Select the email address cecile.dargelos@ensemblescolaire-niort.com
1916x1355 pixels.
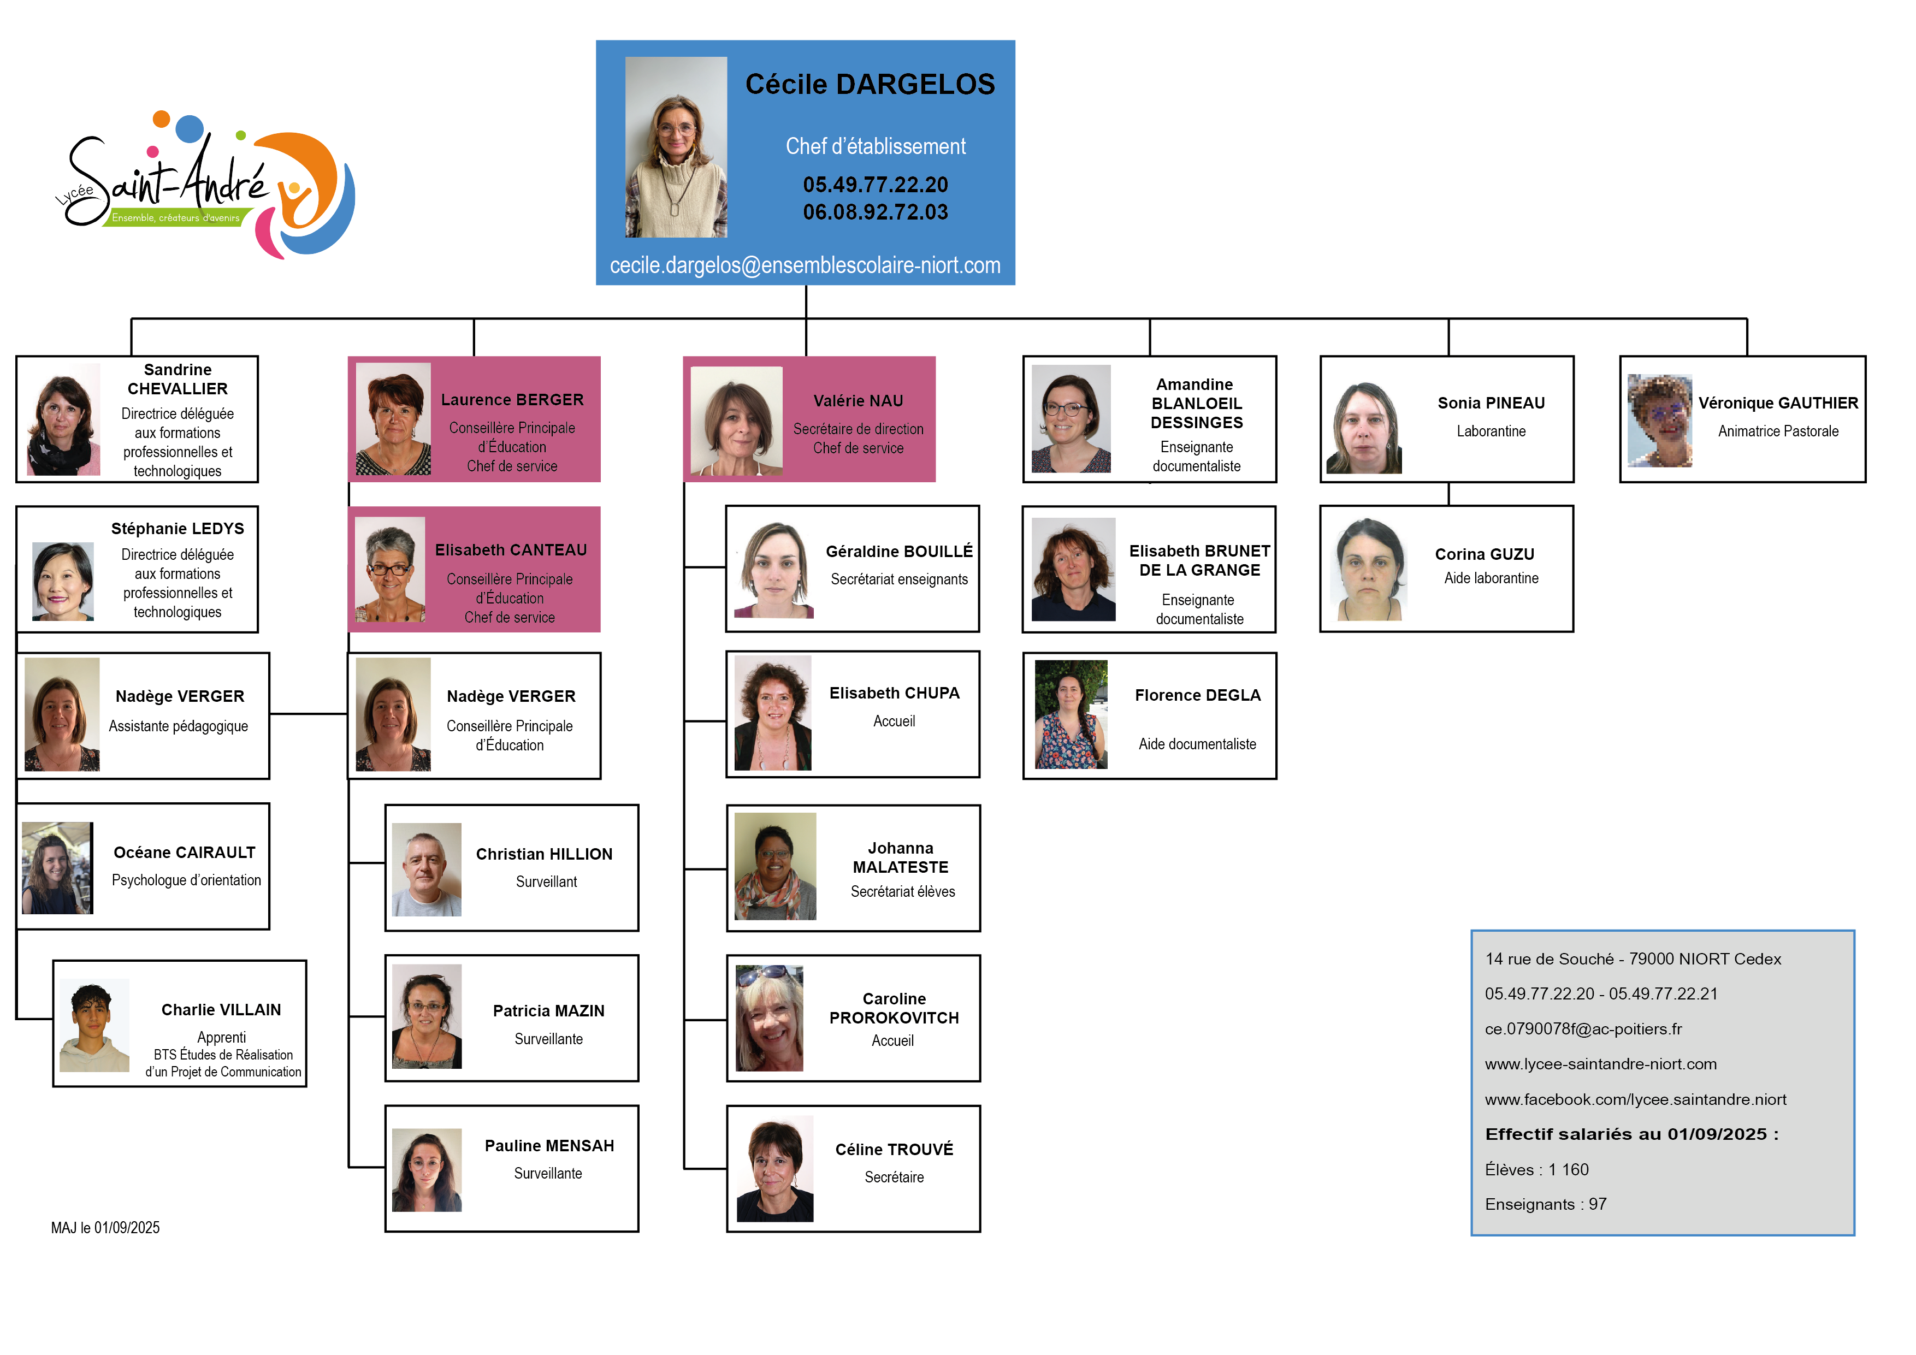[x=805, y=265]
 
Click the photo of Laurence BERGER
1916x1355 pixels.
[x=393, y=419]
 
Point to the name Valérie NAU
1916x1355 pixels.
[x=858, y=400]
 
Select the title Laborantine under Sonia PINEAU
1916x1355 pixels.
[x=1491, y=431]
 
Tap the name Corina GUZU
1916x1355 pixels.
[x=1484, y=554]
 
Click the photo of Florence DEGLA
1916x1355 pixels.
[x=1071, y=714]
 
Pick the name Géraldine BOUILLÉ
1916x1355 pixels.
[x=899, y=552]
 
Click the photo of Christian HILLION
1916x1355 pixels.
[x=427, y=869]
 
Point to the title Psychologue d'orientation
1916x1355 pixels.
[x=186, y=880]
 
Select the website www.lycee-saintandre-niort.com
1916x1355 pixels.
[x=1600, y=1064]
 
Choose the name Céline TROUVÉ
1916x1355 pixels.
[x=894, y=1149]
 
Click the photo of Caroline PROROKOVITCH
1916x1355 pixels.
[x=768, y=1019]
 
